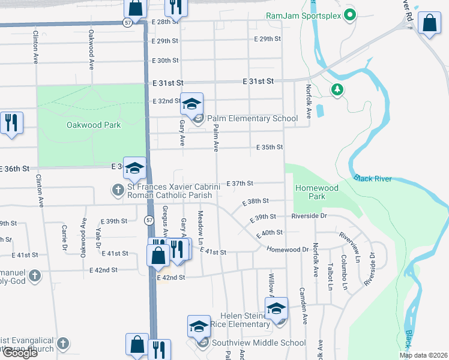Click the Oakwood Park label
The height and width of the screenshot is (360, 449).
click(94, 125)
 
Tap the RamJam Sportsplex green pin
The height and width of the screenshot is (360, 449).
click(350, 16)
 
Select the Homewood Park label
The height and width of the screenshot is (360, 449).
click(317, 192)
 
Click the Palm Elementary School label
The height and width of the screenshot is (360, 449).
click(252, 118)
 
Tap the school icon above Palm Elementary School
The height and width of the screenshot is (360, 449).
click(192, 104)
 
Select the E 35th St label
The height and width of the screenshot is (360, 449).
click(270, 147)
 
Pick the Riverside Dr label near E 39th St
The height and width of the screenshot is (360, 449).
click(309, 216)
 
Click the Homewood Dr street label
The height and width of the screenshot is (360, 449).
click(288, 249)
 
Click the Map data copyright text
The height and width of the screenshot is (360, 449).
click(424, 355)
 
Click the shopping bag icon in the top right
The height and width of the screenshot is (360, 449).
click(429, 23)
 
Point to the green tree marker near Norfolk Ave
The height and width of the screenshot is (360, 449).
click(337, 90)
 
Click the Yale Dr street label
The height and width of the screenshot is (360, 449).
click(98, 235)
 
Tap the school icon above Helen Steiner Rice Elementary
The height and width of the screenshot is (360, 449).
click(276, 309)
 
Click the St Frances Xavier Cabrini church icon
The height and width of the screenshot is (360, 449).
click(118, 191)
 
